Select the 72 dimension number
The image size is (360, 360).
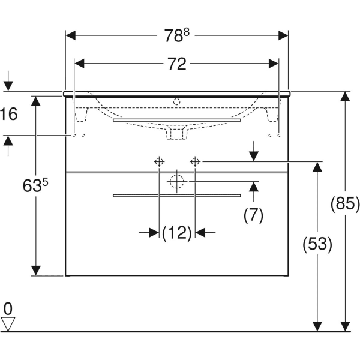tap(176, 64)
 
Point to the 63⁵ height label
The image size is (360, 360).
tap(35, 186)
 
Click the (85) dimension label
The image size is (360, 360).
tap(345, 204)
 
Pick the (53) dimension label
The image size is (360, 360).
tap(317, 244)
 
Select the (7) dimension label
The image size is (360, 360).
tap(253, 215)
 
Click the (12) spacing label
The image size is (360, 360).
tap(176, 232)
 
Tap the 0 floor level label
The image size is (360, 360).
tap(7, 308)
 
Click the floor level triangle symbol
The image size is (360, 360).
tap(8, 324)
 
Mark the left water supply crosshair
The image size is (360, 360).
tap(159, 161)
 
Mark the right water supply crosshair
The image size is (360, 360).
tap(195, 161)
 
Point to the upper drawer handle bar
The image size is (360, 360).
tap(176, 120)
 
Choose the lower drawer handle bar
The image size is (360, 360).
tap(176, 195)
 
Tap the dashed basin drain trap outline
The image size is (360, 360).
tap(176, 133)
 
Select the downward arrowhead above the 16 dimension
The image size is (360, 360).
tap(8, 86)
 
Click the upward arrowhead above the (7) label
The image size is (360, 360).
tap(253, 187)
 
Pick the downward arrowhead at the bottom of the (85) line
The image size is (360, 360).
tap(345, 325)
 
